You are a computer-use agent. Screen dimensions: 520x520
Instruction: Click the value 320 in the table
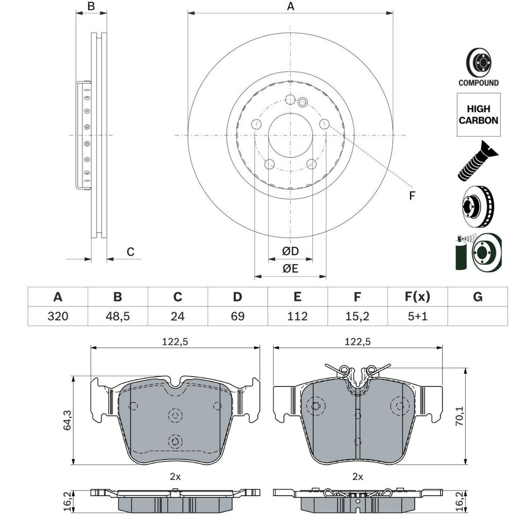click(58, 316)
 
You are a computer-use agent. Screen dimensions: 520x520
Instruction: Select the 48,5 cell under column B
click(117, 316)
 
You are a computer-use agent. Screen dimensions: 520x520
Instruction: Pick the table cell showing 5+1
click(417, 316)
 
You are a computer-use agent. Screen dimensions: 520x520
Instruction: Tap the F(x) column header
click(417, 297)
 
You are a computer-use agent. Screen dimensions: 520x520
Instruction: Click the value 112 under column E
click(297, 316)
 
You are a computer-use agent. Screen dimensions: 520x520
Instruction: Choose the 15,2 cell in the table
click(357, 316)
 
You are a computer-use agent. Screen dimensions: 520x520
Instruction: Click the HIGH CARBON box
click(478, 115)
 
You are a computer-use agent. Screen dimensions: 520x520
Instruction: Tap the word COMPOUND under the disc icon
click(478, 83)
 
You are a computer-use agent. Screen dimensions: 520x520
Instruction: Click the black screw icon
click(478, 161)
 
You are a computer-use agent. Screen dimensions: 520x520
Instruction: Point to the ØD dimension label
click(290, 251)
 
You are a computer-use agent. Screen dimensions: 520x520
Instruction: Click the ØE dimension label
click(290, 269)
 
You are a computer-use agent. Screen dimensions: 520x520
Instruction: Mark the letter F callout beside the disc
click(412, 196)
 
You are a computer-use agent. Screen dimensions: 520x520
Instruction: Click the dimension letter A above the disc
click(291, 6)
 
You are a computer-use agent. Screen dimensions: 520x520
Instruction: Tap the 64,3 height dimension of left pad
click(68, 420)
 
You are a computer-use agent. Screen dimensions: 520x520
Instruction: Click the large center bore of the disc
click(290, 135)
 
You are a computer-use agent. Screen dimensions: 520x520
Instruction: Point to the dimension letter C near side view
click(130, 252)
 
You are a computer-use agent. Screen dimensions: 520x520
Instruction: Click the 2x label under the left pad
click(175, 477)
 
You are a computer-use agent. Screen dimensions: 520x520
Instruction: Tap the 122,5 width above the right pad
click(357, 342)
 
